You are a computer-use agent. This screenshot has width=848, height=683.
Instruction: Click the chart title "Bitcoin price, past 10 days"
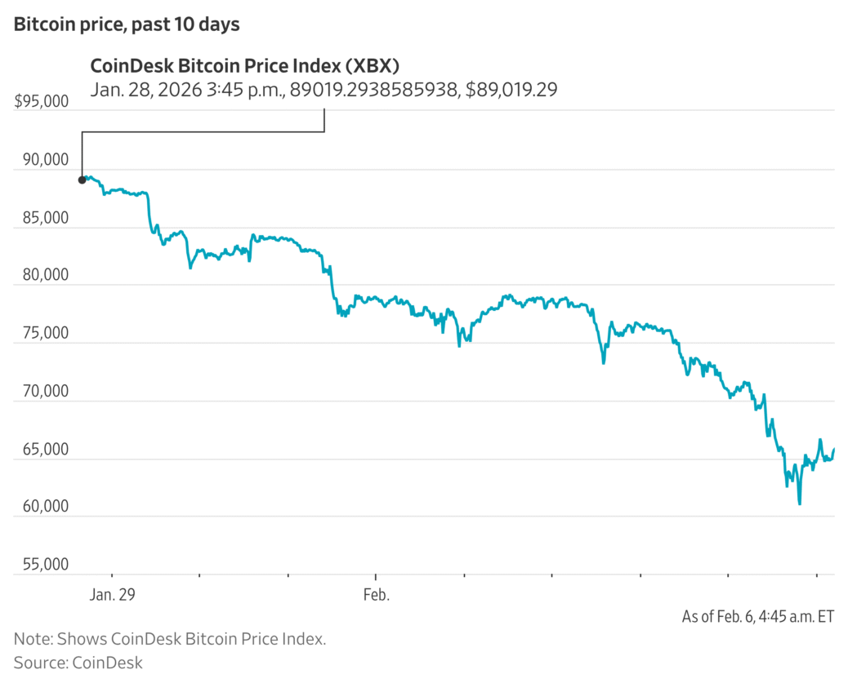127,24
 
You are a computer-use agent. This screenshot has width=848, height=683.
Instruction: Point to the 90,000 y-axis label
46,160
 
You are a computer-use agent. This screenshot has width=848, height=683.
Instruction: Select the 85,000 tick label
46,218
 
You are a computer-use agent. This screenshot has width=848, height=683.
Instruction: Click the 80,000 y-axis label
46,276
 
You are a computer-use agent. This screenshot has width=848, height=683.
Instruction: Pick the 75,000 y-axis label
46,333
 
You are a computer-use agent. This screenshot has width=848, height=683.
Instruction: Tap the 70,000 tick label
46,391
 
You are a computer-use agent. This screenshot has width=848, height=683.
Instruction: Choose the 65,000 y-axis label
46,449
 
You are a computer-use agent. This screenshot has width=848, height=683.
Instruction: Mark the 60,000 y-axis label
46,507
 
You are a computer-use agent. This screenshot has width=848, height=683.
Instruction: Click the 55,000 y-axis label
46,565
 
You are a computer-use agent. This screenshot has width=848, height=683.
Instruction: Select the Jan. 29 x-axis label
112,595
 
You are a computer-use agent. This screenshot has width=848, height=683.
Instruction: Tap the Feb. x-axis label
376,595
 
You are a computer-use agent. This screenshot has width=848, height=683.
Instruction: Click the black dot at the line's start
82,180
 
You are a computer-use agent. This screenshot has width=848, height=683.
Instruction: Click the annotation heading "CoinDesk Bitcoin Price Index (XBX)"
244,66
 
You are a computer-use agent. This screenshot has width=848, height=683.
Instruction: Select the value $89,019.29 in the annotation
511,90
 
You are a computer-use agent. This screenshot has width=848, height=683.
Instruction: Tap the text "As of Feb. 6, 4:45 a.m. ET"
757,617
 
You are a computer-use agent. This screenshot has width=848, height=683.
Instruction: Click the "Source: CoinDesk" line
78,662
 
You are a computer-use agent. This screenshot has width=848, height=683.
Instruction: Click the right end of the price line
833,449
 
